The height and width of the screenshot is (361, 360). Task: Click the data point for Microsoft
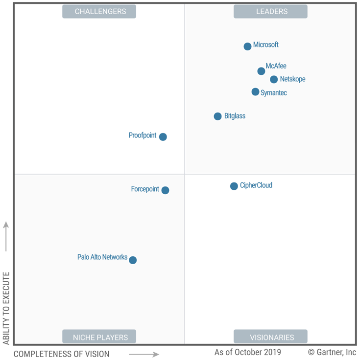[247, 46]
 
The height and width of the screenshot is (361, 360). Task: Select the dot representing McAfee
[261, 71]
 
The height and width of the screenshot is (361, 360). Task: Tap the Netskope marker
[274, 79]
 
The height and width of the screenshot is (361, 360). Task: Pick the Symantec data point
[255, 92]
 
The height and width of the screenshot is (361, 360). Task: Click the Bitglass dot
[217, 116]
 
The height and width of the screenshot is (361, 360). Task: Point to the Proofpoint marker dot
[163, 137]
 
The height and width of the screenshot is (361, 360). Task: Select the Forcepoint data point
[165, 190]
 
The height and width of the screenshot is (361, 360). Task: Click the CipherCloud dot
[234, 186]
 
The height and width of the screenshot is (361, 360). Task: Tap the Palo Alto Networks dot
[133, 260]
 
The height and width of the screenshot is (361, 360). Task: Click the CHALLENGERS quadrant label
[99, 11]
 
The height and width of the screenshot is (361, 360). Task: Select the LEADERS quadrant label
[270, 11]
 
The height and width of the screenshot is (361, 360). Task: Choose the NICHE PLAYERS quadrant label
[99, 337]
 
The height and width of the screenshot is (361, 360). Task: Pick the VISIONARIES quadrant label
[270, 337]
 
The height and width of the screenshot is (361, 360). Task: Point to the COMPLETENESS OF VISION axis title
[62, 354]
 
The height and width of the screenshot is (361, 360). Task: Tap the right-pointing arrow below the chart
[144, 354]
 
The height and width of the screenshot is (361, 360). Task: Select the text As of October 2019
[247, 352]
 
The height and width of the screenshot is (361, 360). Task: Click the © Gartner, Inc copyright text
[332, 352]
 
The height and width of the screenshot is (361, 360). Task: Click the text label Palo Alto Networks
[102, 257]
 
